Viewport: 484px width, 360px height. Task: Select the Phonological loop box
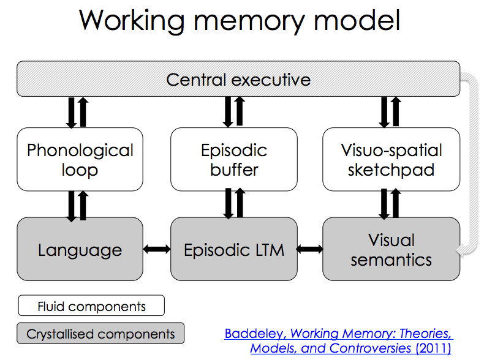(x=80, y=159)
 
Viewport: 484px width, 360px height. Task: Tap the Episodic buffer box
(x=234, y=159)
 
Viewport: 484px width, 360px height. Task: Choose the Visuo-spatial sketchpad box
(x=391, y=159)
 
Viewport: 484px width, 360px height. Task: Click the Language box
(x=80, y=249)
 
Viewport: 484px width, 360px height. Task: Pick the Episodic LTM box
(x=234, y=249)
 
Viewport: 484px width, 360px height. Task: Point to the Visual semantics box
(x=391, y=249)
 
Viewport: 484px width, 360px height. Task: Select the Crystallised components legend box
(x=100, y=334)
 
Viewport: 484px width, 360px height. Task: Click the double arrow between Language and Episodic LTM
(x=156, y=249)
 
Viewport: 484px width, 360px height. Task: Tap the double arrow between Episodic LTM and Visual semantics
(x=309, y=249)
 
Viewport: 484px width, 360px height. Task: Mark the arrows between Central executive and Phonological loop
(x=77, y=112)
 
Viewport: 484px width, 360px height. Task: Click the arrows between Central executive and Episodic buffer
(x=233, y=112)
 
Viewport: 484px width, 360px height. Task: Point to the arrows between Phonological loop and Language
(x=77, y=204)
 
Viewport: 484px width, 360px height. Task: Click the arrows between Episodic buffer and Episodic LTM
(x=233, y=203)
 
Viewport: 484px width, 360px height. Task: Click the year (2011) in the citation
(x=433, y=348)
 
